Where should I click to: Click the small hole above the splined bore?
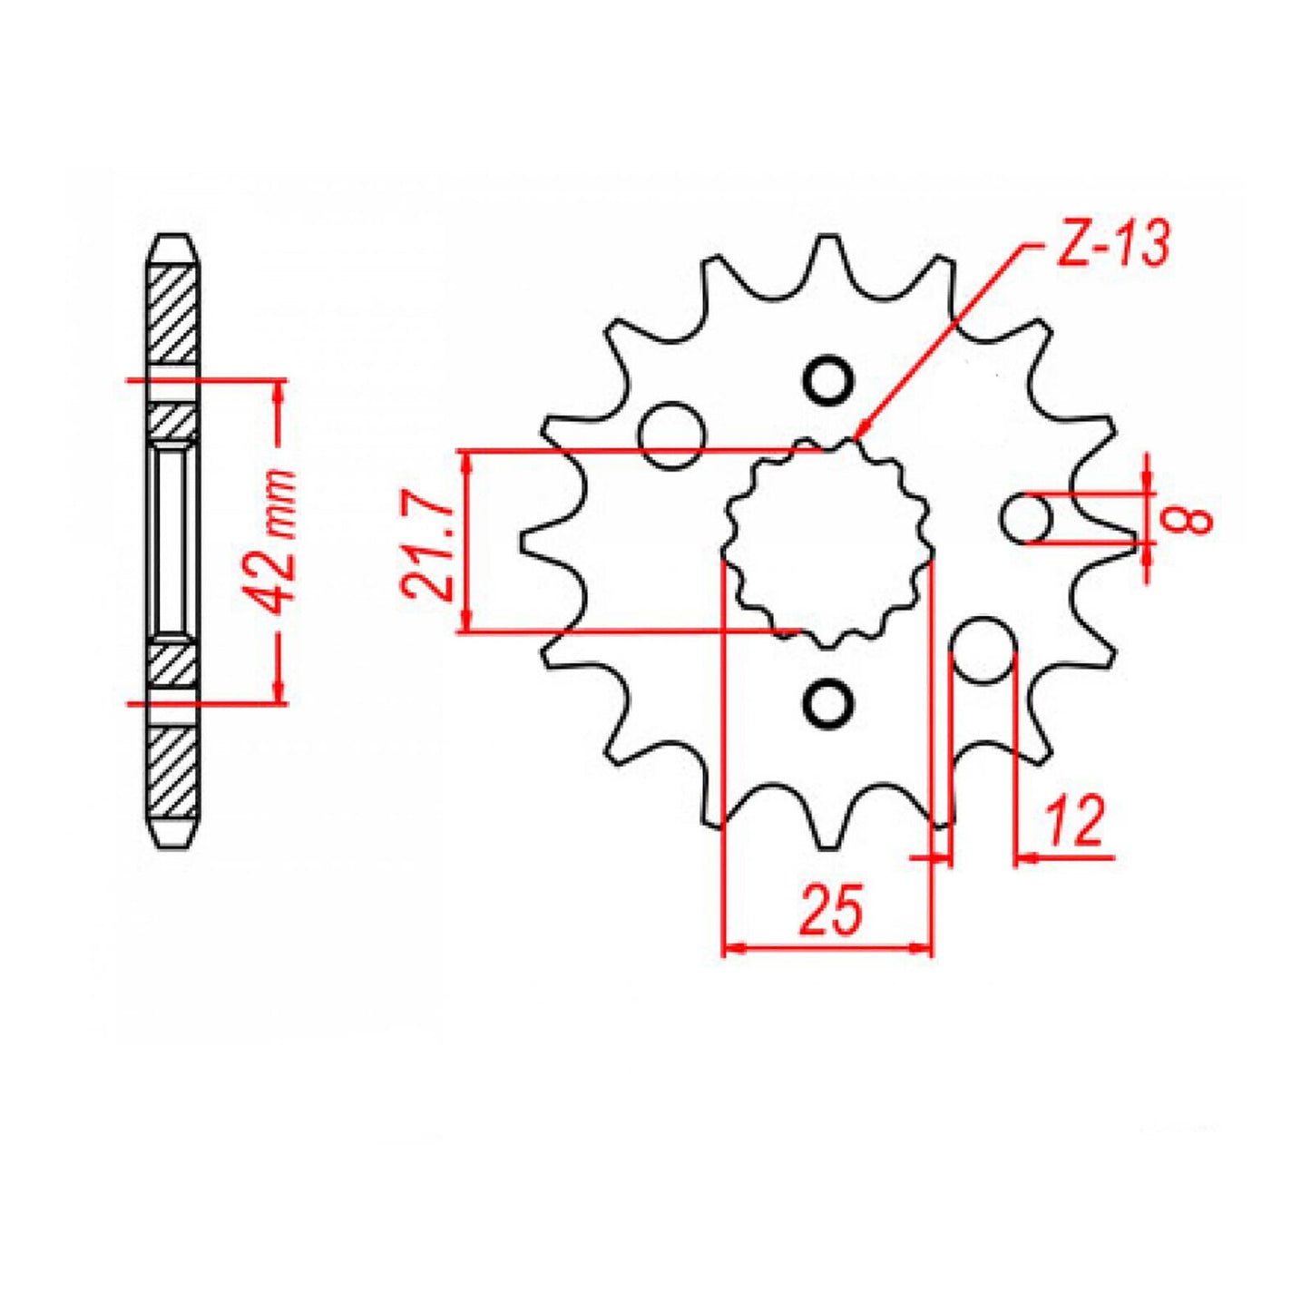click(x=828, y=382)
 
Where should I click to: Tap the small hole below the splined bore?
click(x=828, y=701)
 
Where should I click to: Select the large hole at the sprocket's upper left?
click(x=671, y=435)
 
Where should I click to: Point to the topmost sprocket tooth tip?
click(x=827, y=238)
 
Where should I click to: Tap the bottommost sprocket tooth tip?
click(x=827, y=846)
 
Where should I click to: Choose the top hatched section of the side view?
click(x=172, y=313)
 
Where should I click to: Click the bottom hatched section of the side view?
click(x=172, y=771)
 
